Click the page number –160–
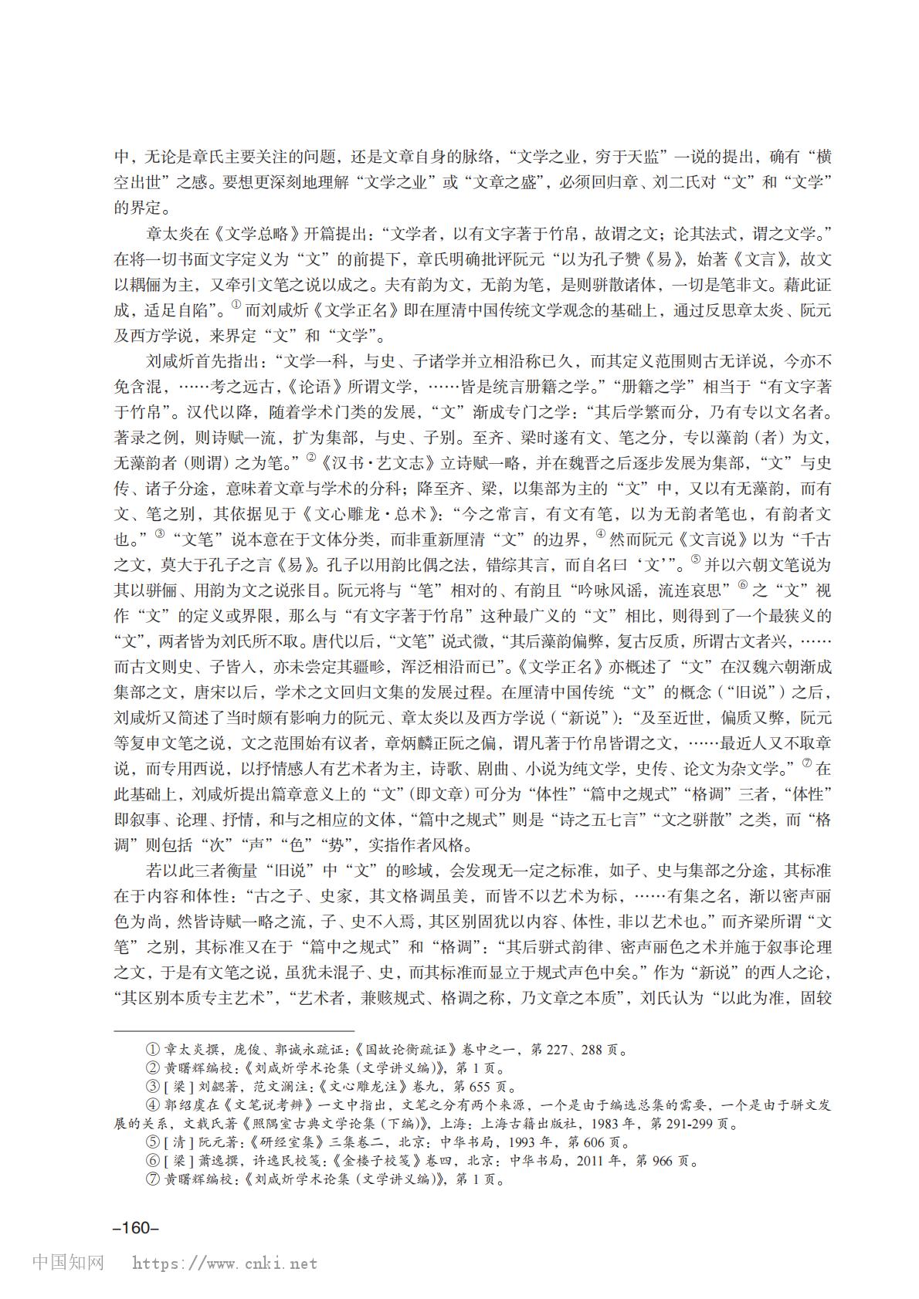[135, 1229]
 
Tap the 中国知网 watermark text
[68, 1263]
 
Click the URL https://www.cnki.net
[225, 1263]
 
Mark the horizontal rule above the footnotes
[233, 1030]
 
